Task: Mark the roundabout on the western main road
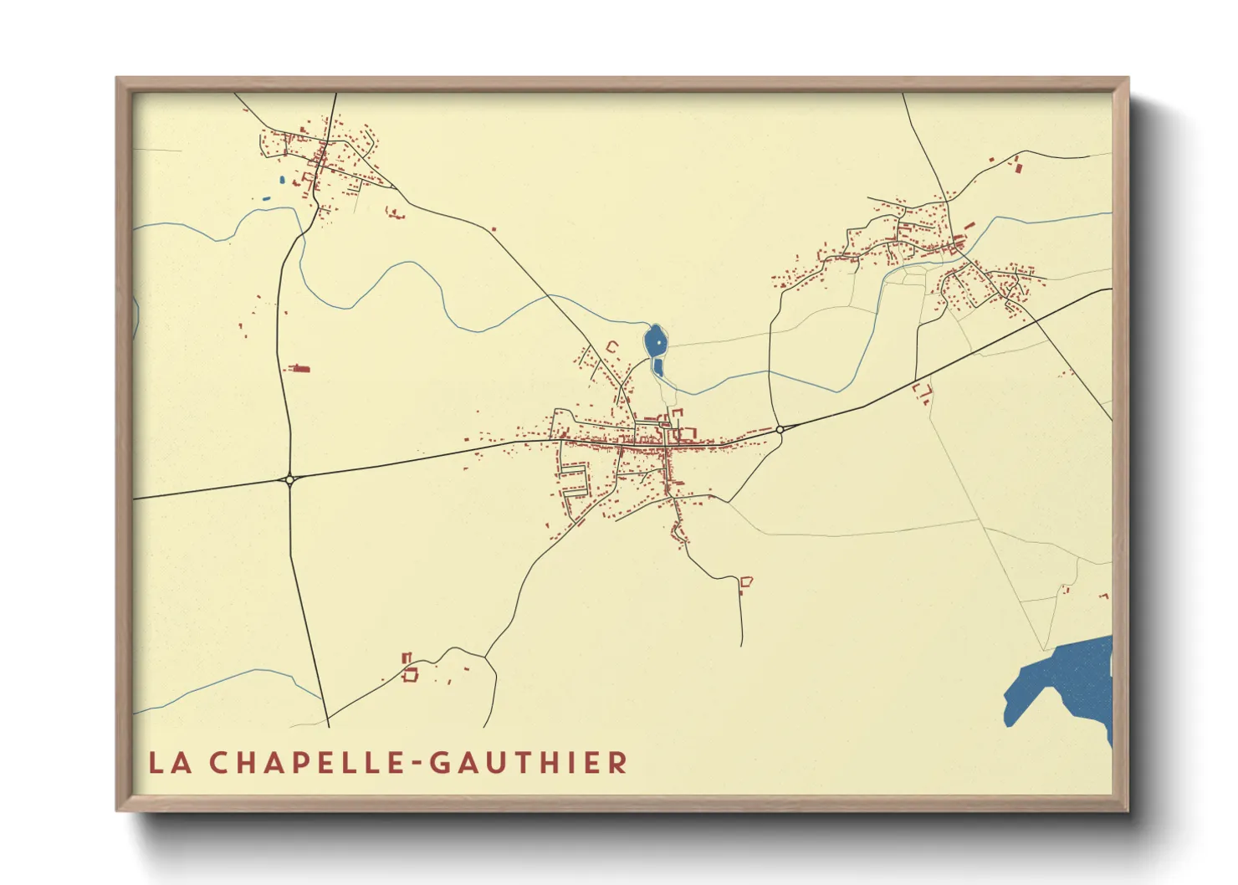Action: tap(289, 479)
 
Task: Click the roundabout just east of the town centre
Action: tap(780, 429)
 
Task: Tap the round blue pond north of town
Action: tap(656, 340)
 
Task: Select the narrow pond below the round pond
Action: tap(657, 367)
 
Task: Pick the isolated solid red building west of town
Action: tap(299, 368)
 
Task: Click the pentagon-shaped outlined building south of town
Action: tap(746, 581)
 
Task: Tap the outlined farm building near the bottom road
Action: tap(410, 673)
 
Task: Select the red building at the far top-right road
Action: tap(1018, 169)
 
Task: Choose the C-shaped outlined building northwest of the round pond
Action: tap(611, 346)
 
